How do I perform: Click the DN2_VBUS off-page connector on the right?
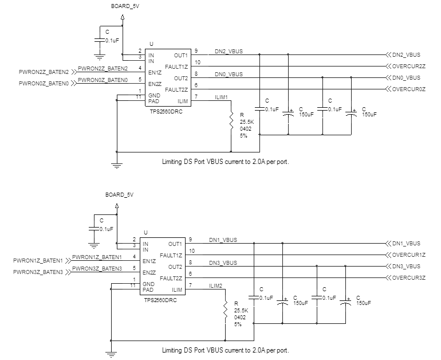click(x=405, y=55)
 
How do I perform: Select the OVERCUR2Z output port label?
click(x=408, y=66)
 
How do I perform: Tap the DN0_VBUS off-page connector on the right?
click(x=405, y=78)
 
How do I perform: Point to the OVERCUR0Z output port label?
click(x=408, y=89)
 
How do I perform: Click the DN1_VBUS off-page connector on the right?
click(x=405, y=244)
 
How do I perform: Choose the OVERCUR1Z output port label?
click(x=408, y=255)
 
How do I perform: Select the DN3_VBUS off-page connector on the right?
click(x=405, y=267)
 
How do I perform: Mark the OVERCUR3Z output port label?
click(x=408, y=278)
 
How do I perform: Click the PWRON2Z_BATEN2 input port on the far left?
click(x=44, y=72)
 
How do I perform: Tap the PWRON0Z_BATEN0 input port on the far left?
click(x=44, y=84)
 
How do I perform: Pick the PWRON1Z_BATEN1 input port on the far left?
click(x=38, y=261)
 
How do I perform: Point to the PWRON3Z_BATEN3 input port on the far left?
click(x=38, y=272)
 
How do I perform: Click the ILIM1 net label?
click(x=221, y=97)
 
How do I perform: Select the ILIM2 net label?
click(x=216, y=285)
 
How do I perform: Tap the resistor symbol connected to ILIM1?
click(x=231, y=121)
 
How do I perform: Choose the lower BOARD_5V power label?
click(x=119, y=195)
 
